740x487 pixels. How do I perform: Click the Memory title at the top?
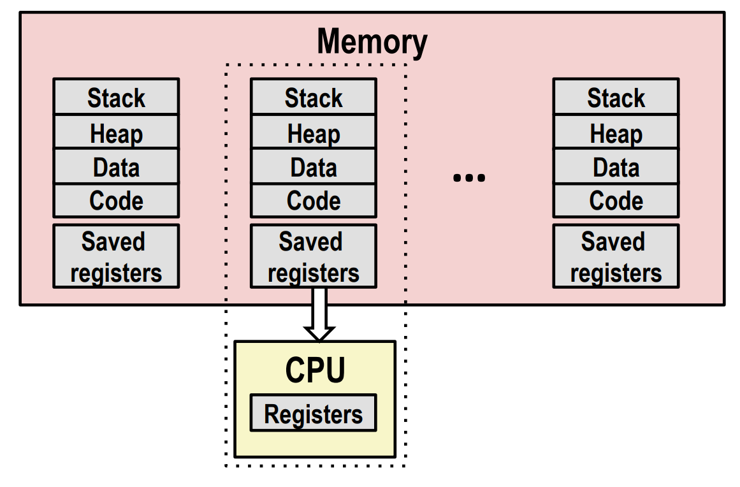click(372, 43)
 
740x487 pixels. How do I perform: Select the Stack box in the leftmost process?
click(116, 96)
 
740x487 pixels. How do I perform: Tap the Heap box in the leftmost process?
click(116, 132)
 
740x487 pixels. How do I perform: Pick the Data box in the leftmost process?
click(116, 166)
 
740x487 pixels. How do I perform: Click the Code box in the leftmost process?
click(116, 201)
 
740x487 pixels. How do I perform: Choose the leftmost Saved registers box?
click(116, 256)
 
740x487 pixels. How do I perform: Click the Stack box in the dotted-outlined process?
click(314, 96)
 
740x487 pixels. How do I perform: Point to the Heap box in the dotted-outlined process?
click(314, 132)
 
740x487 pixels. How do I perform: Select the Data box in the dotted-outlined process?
click(314, 166)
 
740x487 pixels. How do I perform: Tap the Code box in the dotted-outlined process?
click(314, 201)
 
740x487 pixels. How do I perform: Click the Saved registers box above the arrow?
click(314, 256)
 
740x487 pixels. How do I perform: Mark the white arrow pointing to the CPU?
click(319, 314)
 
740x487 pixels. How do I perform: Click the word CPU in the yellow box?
click(316, 370)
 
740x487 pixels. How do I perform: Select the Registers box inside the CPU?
click(314, 413)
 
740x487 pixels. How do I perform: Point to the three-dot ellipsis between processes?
click(469, 177)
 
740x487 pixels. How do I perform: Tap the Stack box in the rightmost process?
click(616, 96)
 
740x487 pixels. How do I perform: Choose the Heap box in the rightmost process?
click(616, 132)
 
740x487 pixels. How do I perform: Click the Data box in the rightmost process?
click(616, 166)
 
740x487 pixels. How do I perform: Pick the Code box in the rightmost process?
click(616, 201)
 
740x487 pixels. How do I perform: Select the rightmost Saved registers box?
click(616, 256)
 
